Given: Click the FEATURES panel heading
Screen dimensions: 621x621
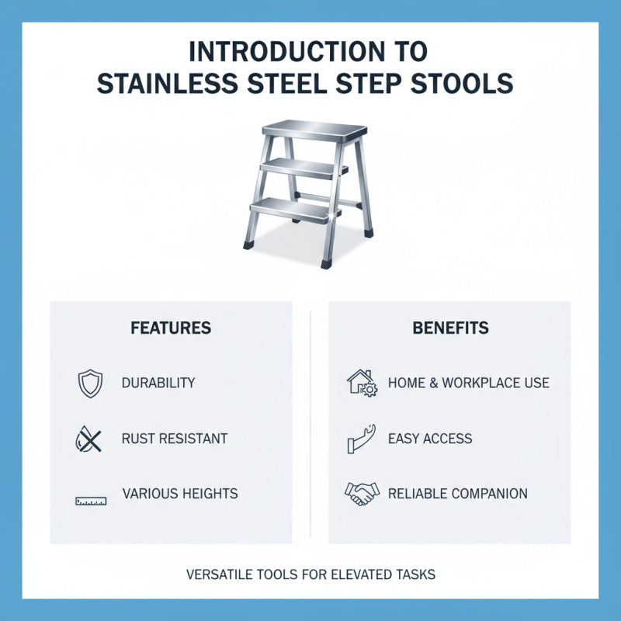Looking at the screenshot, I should pyautogui.click(x=171, y=328).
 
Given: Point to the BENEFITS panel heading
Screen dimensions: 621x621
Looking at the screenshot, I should pyautogui.click(x=450, y=328).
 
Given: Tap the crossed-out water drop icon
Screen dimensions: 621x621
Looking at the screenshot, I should pyautogui.click(x=87, y=439).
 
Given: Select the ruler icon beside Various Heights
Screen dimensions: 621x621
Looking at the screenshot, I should pyautogui.click(x=91, y=501).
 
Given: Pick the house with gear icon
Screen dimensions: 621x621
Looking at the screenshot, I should pyautogui.click(x=360, y=383).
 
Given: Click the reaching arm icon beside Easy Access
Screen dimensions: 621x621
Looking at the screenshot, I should pyautogui.click(x=360, y=439).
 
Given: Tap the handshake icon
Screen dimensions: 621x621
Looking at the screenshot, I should pyautogui.click(x=362, y=493).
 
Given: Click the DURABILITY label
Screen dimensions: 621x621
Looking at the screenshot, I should pyautogui.click(x=158, y=383).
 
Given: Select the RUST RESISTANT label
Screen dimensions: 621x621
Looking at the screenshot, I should pyautogui.click(x=175, y=439).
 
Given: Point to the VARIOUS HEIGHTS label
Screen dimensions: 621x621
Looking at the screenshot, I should pyautogui.click(x=180, y=494).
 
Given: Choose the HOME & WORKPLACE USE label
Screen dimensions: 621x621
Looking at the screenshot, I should pyautogui.click(x=468, y=383).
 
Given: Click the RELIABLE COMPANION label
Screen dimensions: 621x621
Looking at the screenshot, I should pyautogui.click(x=457, y=494).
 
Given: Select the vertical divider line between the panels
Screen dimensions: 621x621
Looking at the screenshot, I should pyautogui.click(x=310, y=423).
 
